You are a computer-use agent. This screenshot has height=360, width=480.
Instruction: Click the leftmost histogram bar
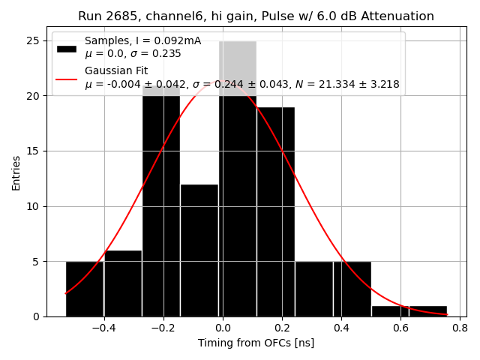pos(84,289)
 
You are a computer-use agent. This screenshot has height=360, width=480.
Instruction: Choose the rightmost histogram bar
pos(427,311)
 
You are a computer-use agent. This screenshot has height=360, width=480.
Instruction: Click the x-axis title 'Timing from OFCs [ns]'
pos(256,343)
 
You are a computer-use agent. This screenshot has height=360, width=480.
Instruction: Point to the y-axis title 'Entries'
pos(16,172)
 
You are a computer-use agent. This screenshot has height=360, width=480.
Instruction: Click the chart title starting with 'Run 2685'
pos(256,16)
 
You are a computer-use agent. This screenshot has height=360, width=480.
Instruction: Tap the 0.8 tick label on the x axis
pos(460,328)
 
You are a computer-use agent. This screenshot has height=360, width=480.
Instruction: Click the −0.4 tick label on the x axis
pos(101,328)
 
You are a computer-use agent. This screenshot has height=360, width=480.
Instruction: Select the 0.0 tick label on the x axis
pos(223,328)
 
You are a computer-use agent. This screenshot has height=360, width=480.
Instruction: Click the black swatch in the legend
pos(66,48)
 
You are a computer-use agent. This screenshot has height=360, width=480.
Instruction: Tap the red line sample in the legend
pos(66,77)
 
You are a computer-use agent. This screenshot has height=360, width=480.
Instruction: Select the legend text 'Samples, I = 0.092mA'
pos(142,40)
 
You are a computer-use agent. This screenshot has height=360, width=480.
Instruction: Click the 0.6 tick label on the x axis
pos(400,328)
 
